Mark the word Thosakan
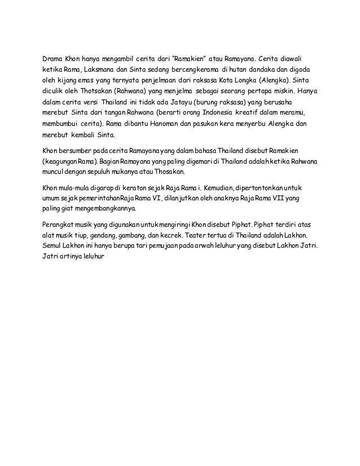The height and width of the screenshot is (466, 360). [x=173, y=172]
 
